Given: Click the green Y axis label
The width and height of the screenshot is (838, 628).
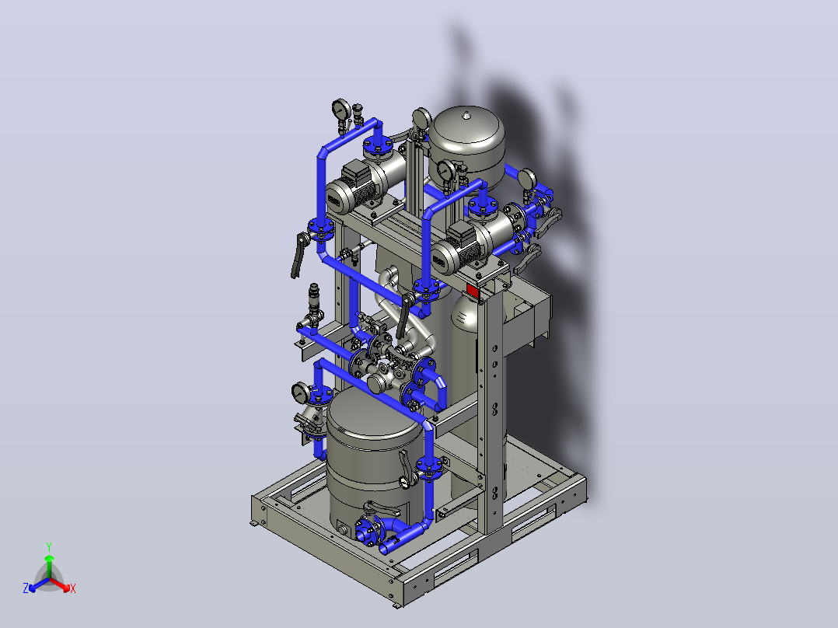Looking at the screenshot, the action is (x=49, y=546).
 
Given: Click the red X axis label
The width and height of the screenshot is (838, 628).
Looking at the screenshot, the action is (x=73, y=588).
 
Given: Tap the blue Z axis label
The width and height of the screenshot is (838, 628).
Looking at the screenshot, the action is (x=26, y=588).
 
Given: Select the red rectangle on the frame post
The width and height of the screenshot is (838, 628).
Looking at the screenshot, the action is (x=473, y=291).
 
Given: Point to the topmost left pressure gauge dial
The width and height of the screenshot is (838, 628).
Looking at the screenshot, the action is (x=340, y=109).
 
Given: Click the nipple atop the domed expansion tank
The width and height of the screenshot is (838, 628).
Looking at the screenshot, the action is (x=467, y=115).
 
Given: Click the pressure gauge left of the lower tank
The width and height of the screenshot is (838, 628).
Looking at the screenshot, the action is (x=300, y=392).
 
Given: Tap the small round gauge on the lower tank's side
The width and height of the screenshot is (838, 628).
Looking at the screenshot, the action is (x=404, y=483).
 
